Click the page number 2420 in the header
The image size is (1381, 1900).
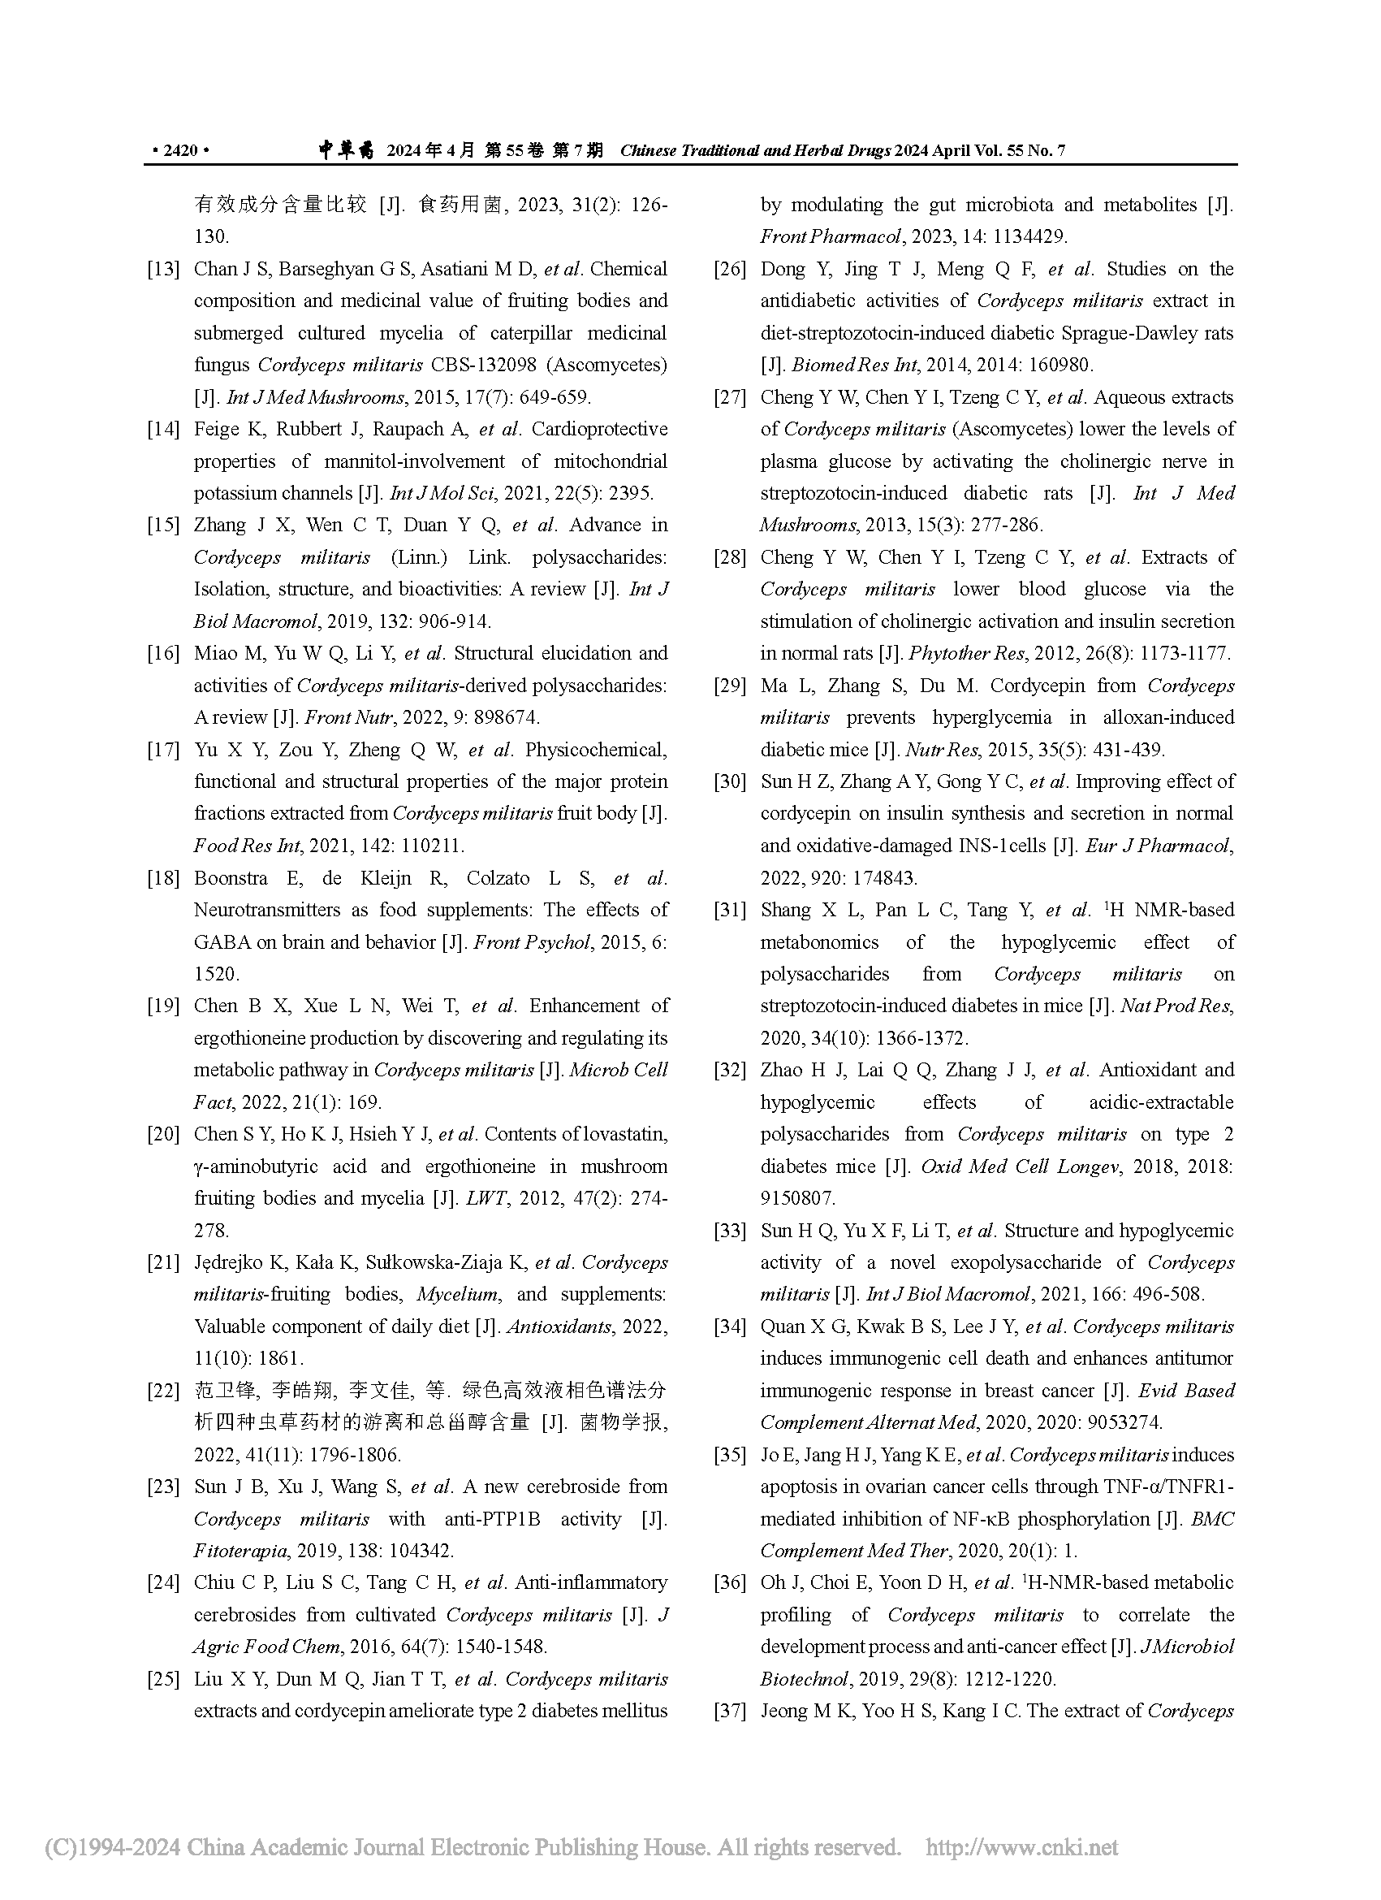pyautogui.click(x=180, y=151)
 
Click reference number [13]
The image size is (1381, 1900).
pyautogui.click(x=163, y=269)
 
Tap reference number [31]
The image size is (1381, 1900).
pyautogui.click(x=729, y=911)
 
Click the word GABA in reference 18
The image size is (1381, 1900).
pyautogui.click(x=222, y=942)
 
